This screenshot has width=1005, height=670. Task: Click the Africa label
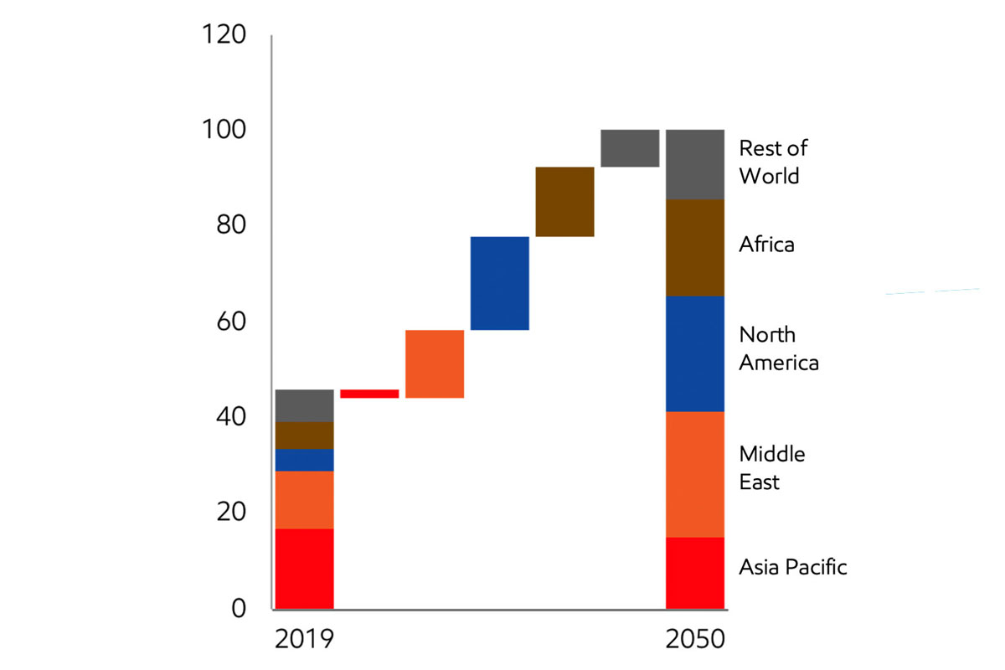tap(766, 245)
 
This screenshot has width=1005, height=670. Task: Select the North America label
tap(778, 348)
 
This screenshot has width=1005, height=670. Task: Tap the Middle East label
tap(771, 467)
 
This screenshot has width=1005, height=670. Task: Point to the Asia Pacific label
tap(792, 567)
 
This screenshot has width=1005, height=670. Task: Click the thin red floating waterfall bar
tap(369, 394)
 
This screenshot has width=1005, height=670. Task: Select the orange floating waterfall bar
tap(435, 363)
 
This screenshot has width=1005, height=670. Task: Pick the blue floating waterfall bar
tap(500, 283)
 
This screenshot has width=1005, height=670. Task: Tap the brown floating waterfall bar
tap(564, 202)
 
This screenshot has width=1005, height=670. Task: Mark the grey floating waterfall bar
tap(630, 148)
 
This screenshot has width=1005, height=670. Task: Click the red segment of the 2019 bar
tap(304, 568)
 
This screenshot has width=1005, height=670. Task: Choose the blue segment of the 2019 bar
tap(304, 460)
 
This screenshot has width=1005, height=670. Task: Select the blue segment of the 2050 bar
tap(695, 353)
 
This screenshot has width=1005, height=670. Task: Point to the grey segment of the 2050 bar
tap(695, 164)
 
